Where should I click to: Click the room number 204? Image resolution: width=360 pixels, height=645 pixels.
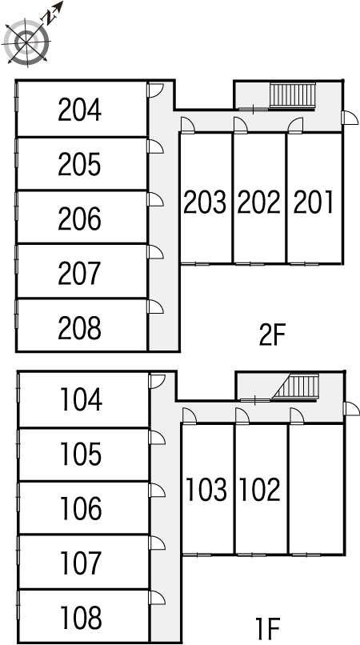tap(79, 110)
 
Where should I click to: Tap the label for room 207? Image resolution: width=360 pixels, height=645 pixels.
tap(79, 274)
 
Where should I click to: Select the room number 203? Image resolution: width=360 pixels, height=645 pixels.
tap(205, 202)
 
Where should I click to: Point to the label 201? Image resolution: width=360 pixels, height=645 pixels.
tap(313, 202)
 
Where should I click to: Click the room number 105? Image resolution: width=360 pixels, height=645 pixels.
tap(81, 454)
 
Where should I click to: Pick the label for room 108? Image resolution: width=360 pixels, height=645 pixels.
tap(81, 618)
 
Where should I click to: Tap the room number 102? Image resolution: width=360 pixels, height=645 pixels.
tap(260, 489)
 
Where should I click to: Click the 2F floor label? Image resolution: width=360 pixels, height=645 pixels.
tap(272, 335)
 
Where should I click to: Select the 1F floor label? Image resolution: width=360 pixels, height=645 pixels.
tap(267, 627)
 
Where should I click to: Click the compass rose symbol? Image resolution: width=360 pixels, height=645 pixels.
tap(26, 42)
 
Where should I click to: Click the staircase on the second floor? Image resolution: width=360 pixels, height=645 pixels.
tap(293, 95)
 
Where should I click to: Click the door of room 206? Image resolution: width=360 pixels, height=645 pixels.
tap(155, 199)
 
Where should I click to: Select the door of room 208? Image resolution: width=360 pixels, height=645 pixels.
tap(155, 306)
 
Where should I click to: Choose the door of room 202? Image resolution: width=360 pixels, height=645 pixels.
tap(241, 125)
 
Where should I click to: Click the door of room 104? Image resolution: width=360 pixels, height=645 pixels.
tap(157, 382)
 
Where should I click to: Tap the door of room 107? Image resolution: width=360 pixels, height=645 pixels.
tap(157, 543)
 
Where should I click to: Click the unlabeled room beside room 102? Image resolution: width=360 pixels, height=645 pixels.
tap(316, 489)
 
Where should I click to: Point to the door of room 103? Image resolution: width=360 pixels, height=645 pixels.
tap(189, 415)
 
